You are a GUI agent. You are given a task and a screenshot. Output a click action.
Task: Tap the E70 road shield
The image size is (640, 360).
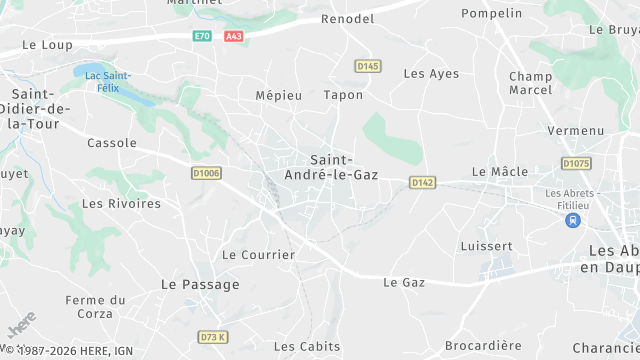203,36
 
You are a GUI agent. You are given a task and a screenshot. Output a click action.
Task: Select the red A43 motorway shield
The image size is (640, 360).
233,36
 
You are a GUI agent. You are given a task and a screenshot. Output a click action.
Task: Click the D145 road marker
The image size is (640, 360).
368,66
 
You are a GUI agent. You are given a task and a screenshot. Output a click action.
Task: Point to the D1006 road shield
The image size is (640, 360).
205,173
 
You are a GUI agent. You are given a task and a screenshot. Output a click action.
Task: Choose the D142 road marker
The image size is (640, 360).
423,182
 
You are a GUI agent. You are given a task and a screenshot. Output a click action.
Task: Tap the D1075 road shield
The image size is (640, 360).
575,163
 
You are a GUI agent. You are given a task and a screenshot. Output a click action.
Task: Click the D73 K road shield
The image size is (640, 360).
214,337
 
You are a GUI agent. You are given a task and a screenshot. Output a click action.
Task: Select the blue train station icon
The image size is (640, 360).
573,220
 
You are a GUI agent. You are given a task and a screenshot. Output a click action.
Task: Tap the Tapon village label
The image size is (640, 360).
343,95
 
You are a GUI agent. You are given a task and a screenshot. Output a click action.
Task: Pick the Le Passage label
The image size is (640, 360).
200,284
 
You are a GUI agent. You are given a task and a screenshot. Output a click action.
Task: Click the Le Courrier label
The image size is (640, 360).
258,254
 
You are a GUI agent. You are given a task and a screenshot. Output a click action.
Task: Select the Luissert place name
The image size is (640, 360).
486,246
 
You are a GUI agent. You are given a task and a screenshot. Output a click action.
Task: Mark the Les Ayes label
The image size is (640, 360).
431,74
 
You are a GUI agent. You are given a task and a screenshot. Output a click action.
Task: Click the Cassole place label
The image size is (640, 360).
112,143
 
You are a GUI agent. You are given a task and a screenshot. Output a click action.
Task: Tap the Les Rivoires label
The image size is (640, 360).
121,203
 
